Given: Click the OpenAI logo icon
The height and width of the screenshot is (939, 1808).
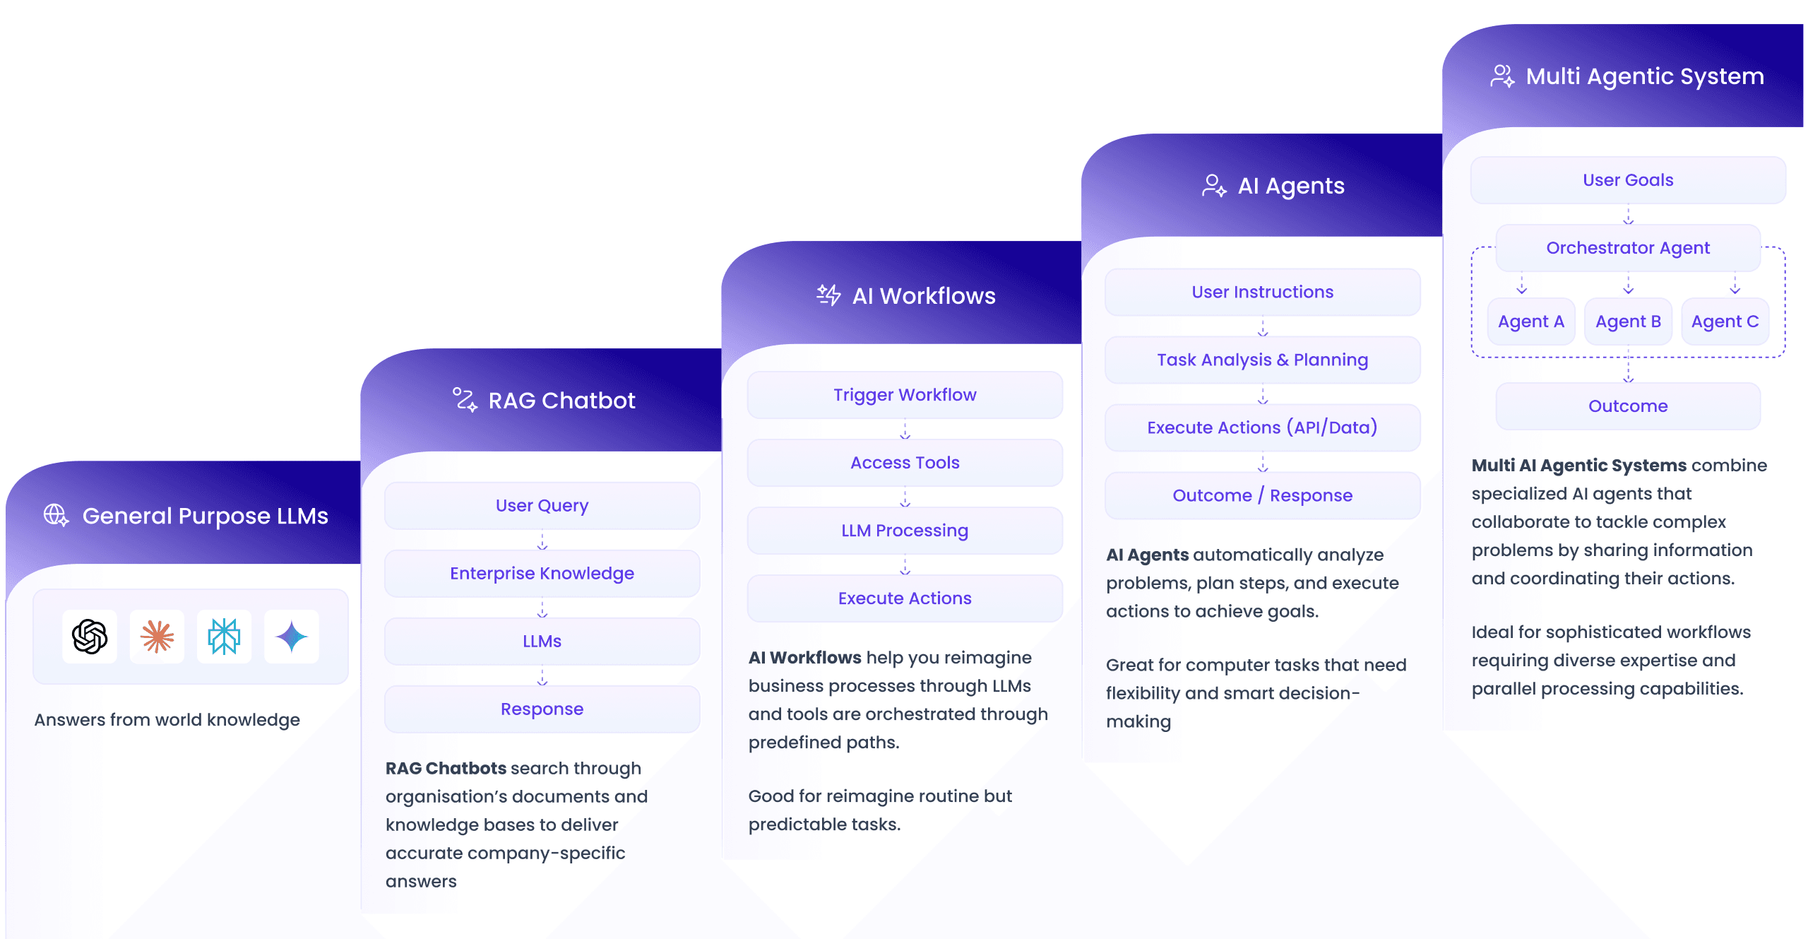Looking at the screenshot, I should point(90,637).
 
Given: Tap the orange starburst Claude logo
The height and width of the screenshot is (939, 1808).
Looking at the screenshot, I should point(157,637).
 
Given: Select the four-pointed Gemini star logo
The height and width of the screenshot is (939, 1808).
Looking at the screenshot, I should point(291,637).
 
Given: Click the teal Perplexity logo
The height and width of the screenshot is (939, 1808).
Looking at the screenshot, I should point(224,637).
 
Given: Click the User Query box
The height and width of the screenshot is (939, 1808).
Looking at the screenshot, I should point(542,506).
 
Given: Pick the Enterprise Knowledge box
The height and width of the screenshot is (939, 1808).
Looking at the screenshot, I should point(542,574).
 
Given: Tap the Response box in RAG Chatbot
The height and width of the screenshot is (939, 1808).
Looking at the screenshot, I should point(542,709).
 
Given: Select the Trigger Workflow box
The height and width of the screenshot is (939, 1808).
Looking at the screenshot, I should point(905,395).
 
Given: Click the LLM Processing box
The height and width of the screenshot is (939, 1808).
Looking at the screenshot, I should point(905,531).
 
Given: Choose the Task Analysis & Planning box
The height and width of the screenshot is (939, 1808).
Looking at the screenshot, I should point(1262,360).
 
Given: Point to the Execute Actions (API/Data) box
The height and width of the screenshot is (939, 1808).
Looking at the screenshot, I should point(1262,428).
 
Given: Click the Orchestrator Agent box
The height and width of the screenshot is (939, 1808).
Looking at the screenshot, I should point(1628,248).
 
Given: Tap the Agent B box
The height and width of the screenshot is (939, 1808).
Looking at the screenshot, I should point(1628,321).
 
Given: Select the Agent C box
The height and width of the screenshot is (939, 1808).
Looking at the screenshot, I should point(1725,321).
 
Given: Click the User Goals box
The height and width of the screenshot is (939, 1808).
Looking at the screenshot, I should point(1628,180).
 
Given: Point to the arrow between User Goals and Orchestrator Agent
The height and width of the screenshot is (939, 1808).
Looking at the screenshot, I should point(1628,215).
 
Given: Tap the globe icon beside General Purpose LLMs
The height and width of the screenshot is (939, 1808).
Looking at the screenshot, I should point(56,515).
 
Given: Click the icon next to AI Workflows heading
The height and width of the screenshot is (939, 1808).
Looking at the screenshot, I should point(828,295).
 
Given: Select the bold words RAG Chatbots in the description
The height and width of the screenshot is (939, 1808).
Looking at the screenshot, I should point(446,768).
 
